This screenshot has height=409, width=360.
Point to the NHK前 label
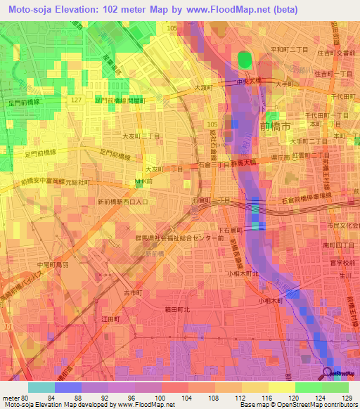click(144, 181)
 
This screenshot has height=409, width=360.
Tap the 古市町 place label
click(133, 291)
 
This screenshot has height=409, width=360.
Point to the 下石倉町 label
click(231, 230)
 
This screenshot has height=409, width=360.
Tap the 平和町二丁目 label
click(288, 50)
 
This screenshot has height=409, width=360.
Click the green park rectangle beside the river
click(244, 60)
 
